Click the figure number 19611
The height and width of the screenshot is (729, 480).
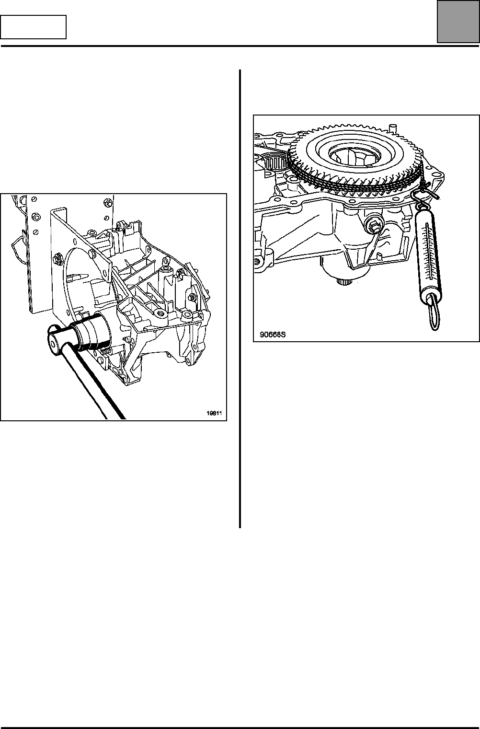(214, 413)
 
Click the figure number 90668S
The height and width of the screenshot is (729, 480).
(273, 335)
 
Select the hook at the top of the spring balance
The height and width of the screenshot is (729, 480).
(421, 198)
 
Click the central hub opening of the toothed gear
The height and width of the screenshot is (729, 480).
(354, 157)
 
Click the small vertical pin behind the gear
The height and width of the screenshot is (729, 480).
(392, 129)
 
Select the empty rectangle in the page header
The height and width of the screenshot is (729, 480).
(33, 27)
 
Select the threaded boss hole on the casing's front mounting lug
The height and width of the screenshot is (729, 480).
(160, 313)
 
